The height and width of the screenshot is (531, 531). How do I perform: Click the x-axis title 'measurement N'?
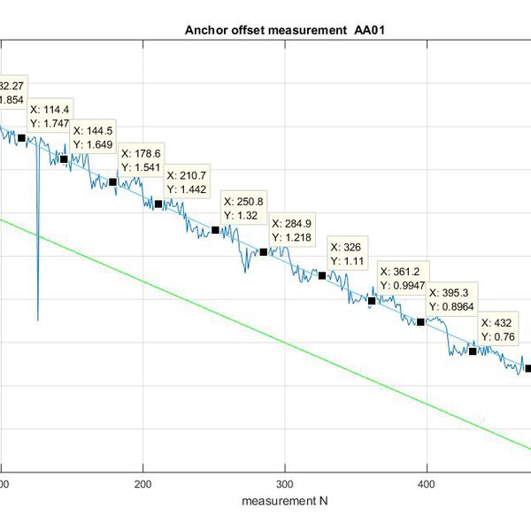[x=285, y=501]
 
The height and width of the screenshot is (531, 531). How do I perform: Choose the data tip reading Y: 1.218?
[x=295, y=231]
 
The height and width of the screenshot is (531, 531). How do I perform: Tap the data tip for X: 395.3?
[x=453, y=299]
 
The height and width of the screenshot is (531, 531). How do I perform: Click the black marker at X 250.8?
[x=215, y=230]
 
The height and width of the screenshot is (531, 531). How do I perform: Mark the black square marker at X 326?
[x=322, y=275]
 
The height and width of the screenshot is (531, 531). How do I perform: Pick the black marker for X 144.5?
[x=64, y=159]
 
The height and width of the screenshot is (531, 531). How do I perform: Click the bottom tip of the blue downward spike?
[x=38, y=320]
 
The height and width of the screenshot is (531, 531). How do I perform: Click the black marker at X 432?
[x=473, y=351]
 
